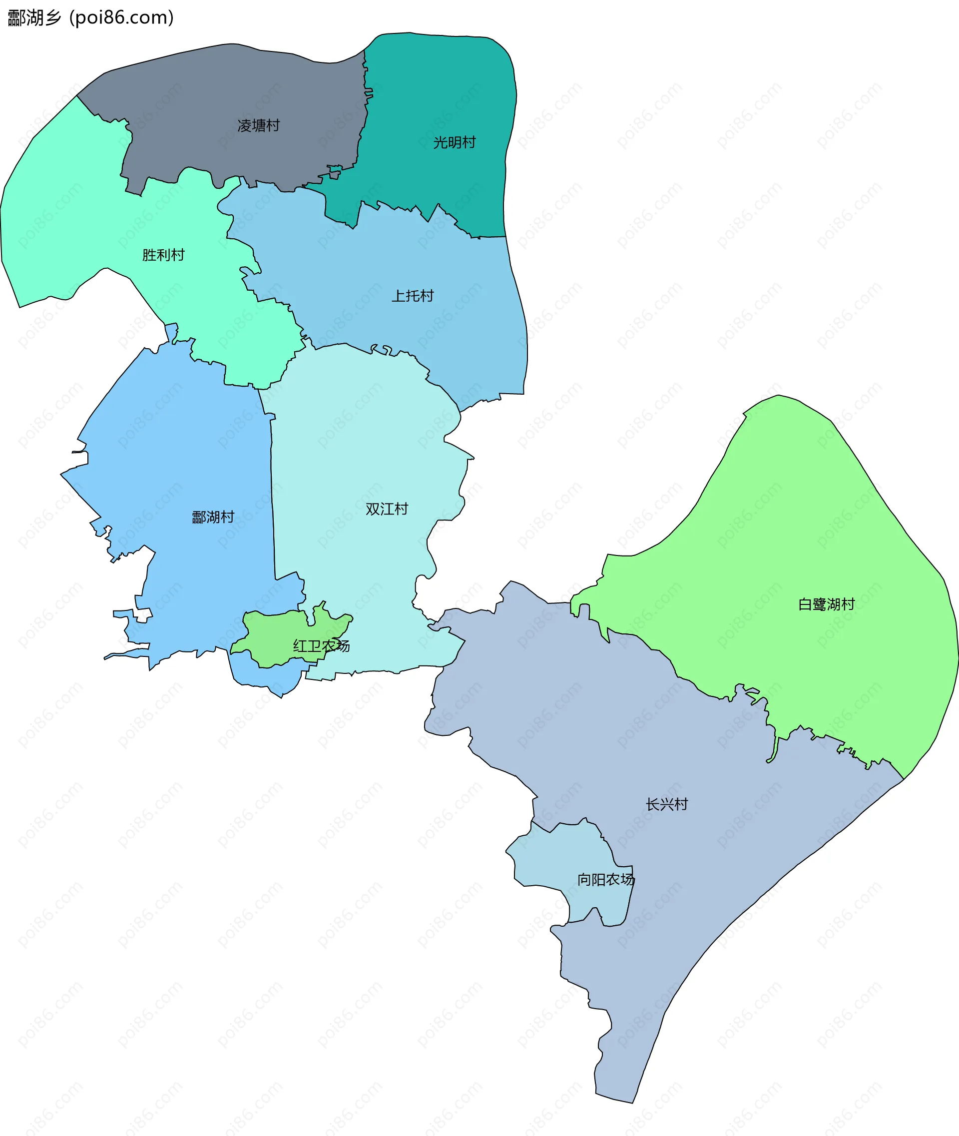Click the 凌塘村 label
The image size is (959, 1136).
(258, 125)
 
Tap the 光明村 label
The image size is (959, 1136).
(454, 142)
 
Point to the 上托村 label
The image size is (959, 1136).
(413, 296)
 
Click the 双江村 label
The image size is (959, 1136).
(387, 509)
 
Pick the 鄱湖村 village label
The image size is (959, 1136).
(213, 517)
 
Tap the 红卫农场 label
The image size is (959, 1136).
(321, 646)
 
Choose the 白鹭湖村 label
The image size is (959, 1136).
(826, 604)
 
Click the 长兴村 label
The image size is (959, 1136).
(666, 804)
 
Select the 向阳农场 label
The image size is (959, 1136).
(606, 879)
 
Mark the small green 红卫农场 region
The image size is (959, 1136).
(272, 636)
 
